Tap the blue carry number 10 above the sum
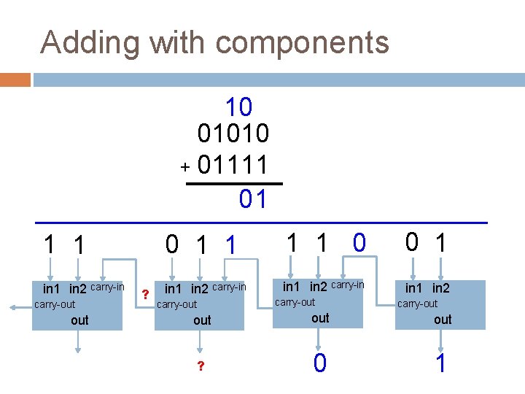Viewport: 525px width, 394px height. tap(238, 108)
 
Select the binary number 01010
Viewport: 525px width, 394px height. tap(233, 134)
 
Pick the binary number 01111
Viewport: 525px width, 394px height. tap(233, 165)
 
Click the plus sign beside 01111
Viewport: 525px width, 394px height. tap(186, 168)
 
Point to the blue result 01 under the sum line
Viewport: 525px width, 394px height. tap(253, 198)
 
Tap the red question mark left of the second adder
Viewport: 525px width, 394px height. tap(144, 294)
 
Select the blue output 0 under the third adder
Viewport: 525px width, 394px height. tap(319, 363)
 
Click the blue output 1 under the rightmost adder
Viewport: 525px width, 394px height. tap(440, 363)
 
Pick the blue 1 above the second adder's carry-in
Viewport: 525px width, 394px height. tap(230, 245)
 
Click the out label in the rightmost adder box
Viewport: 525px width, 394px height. tap(443, 319)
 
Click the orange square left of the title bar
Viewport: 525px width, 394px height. tap(15, 79)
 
